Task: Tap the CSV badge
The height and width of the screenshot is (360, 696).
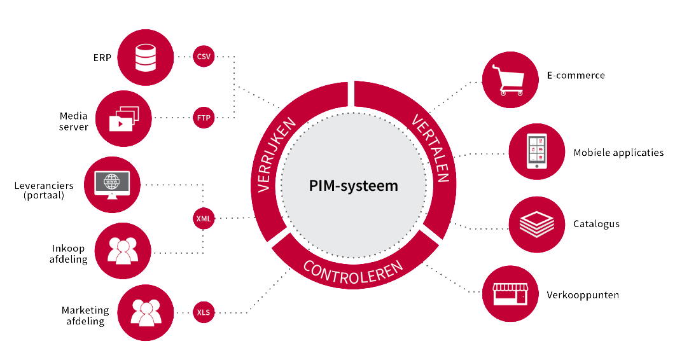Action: (x=204, y=57)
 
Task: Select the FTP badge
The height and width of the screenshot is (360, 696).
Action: (x=204, y=117)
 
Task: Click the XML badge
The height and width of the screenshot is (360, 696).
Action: (x=204, y=219)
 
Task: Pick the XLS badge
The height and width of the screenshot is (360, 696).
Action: (x=204, y=312)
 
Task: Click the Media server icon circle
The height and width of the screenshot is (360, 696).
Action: (x=123, y=118)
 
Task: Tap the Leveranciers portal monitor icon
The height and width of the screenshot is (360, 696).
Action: (x=112, y=184)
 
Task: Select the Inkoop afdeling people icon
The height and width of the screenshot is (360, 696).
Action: (x=123, y=251)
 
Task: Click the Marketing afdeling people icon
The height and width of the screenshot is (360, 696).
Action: (x=146, y=312)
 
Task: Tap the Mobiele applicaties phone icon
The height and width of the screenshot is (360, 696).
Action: (x=537, y=153)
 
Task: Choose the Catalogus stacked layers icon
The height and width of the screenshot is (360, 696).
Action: (x=537, y=224)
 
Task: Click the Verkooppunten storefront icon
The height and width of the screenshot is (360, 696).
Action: (x=510, y=294)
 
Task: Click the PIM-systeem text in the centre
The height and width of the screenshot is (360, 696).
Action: (x=353, y=186)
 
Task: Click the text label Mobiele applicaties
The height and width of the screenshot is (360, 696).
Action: (x=618, y=153)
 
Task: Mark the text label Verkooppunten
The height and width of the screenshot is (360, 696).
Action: (x=583, y=295)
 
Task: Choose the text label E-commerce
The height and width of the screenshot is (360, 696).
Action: (x=576, y=76)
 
